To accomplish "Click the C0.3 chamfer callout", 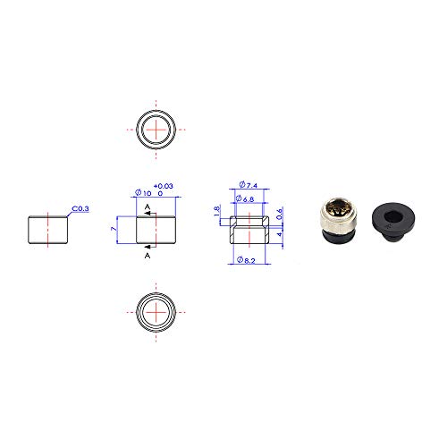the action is [x=80, y=208].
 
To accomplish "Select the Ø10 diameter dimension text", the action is [x=143, y=193].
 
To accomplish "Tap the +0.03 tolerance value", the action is [x=164, y=186].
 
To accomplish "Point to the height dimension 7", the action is [x=114, y=229].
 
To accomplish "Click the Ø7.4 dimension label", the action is [x=249, y=185].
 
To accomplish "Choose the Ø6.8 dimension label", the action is [x=245, y=198].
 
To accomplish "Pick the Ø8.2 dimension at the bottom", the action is [x=246, y=260].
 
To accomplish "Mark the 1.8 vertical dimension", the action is [x=217, y=211].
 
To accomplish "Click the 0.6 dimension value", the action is [x=279, y=214].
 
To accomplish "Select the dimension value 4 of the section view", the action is [x=279, y=234].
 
